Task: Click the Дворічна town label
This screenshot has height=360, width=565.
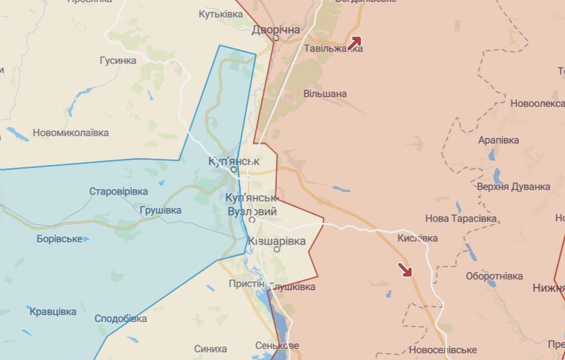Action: [276, 30]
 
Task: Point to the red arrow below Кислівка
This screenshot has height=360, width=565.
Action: [405, 270]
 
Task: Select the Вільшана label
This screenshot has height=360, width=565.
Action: [325, 94]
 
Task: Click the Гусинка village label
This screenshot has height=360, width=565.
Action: [118, 60]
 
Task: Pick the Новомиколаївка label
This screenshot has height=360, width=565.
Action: [70, 133]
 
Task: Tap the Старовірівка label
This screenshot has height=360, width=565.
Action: [119, 191]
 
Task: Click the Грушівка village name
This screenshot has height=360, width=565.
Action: [161, 210]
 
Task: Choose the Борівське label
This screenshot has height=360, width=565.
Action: [60, 239]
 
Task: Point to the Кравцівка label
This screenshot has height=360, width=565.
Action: [53, 311]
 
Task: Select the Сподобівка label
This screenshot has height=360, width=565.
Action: [121, 318]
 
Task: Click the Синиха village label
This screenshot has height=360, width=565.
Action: [210, 348]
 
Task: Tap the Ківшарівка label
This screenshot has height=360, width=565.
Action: [276, 241]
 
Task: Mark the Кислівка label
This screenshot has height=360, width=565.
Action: [417, 238]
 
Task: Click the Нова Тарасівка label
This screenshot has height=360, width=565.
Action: [461, 218]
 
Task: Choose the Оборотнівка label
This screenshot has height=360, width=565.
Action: [495, 276]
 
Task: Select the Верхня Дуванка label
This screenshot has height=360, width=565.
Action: [514, 186]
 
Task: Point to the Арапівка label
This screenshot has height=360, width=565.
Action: [499, 140]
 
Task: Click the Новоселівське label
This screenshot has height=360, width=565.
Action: [443, 350]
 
